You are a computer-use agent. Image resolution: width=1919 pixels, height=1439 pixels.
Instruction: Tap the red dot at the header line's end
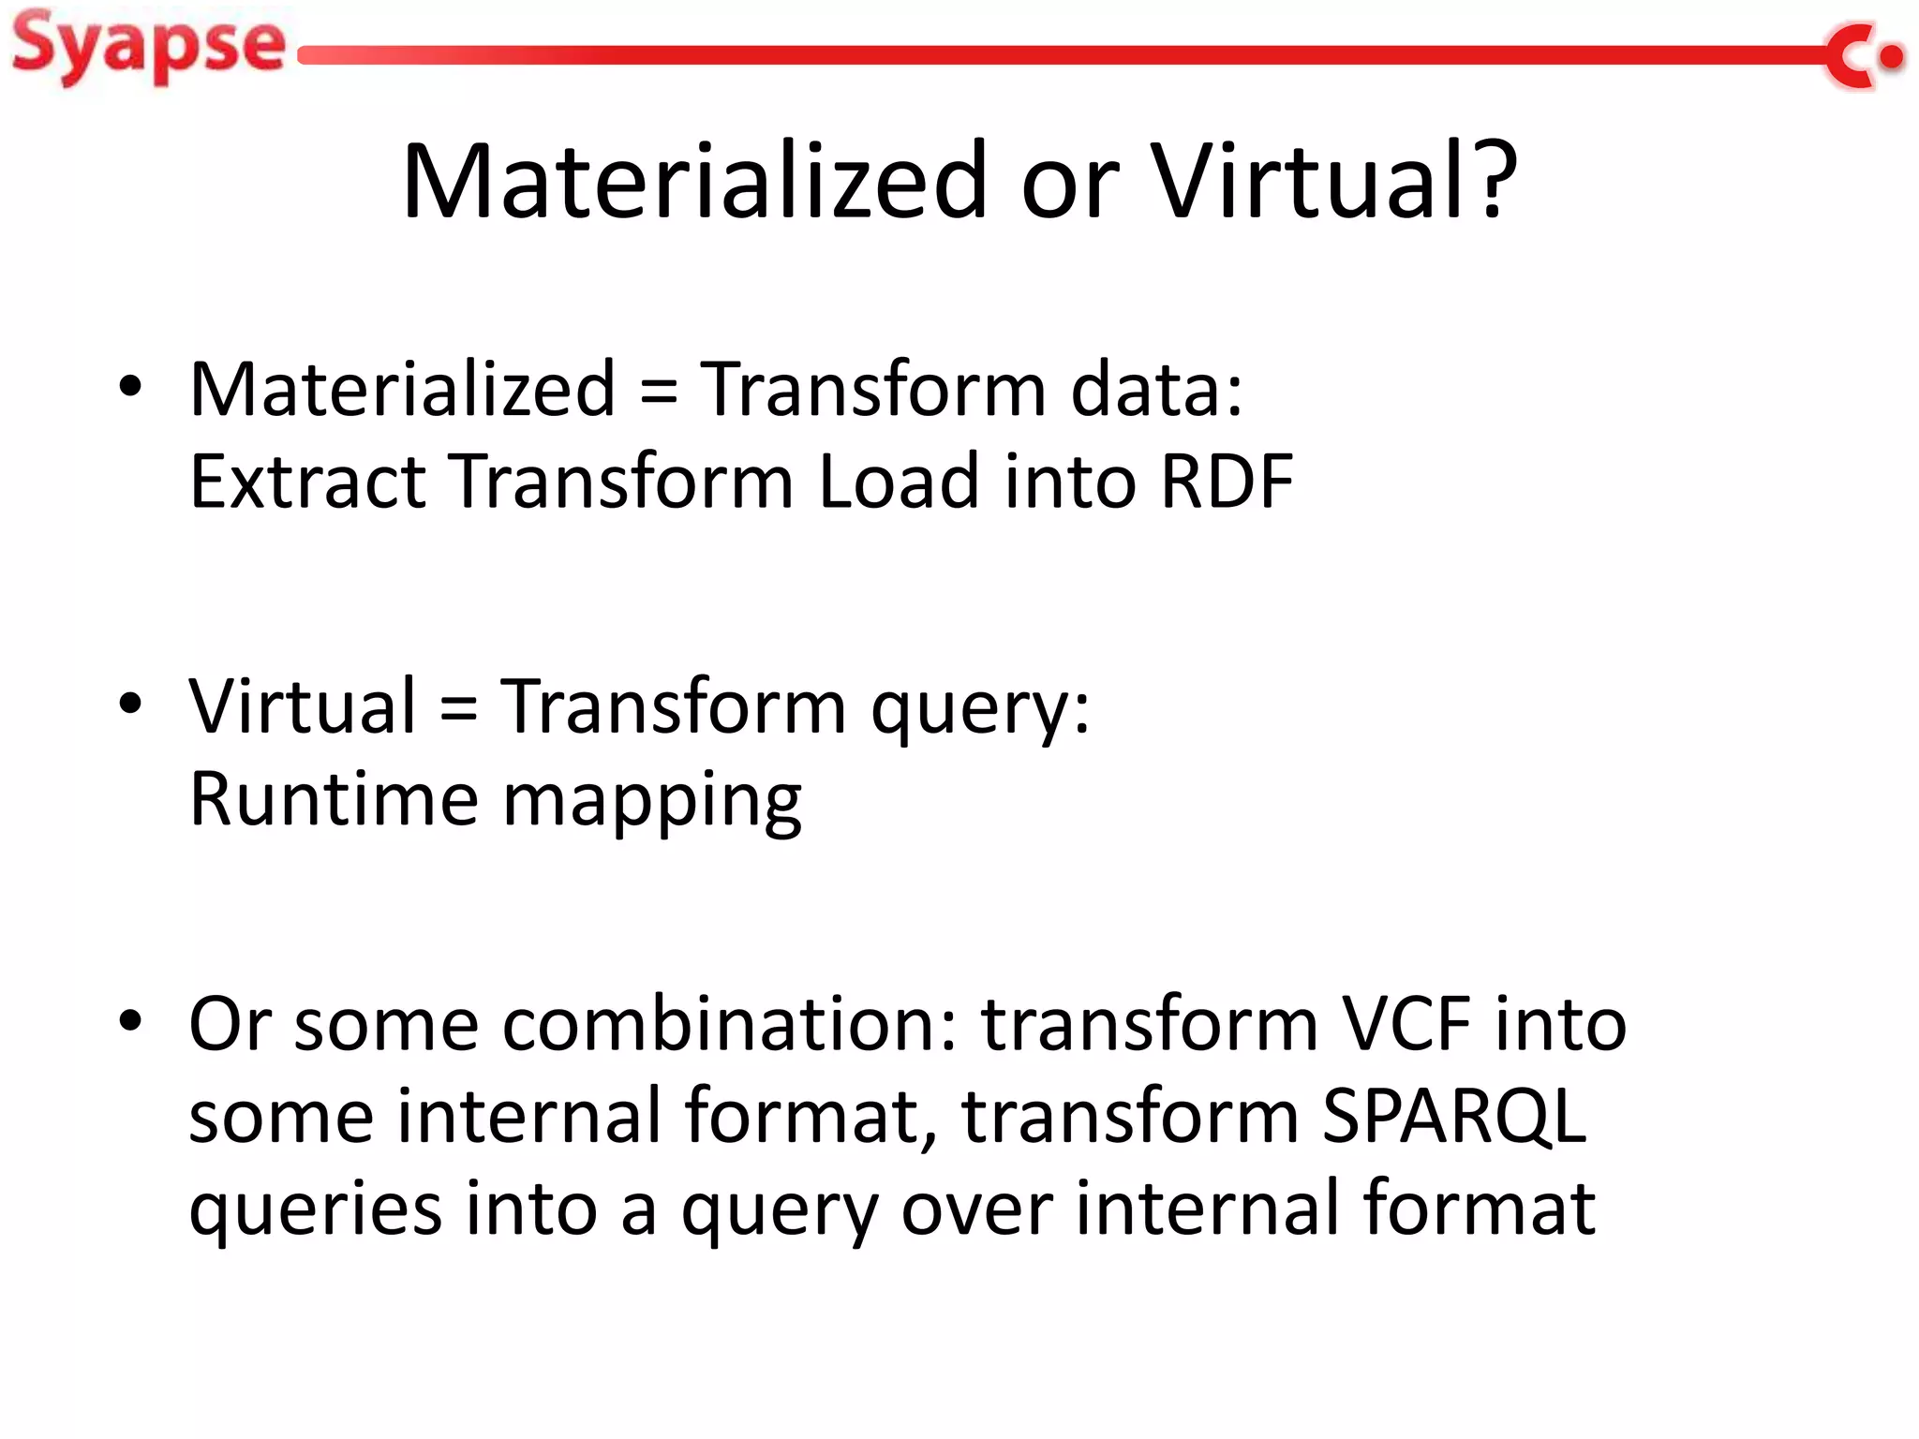click(1892, 57)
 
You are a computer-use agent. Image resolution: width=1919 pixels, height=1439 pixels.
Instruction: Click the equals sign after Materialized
click(658, 392)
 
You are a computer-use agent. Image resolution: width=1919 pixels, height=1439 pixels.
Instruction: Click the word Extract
click(308, 482)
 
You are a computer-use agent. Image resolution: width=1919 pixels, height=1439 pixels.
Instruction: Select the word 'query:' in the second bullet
click(980, 710)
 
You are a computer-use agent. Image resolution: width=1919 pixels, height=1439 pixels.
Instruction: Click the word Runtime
click(334, 798)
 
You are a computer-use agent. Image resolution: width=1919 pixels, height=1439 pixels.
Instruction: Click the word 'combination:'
click(730, 1023)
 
